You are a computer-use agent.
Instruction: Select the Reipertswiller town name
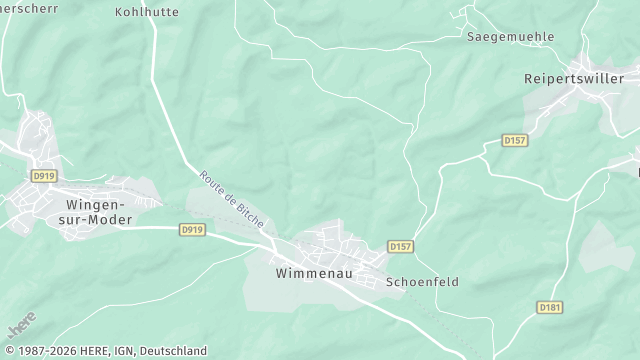tap(581, 77)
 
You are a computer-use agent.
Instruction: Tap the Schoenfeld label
tap(422, 282)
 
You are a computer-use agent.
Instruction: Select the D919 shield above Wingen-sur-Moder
tap(42, 176)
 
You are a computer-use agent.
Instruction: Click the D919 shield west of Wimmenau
tap(193, 229)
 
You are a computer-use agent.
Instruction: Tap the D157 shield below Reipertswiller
tap(515, 140)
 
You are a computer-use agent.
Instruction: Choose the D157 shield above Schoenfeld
tap(400, 246)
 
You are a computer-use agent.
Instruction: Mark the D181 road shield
tap(548, 307)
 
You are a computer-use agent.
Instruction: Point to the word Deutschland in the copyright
tap(173, 351)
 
